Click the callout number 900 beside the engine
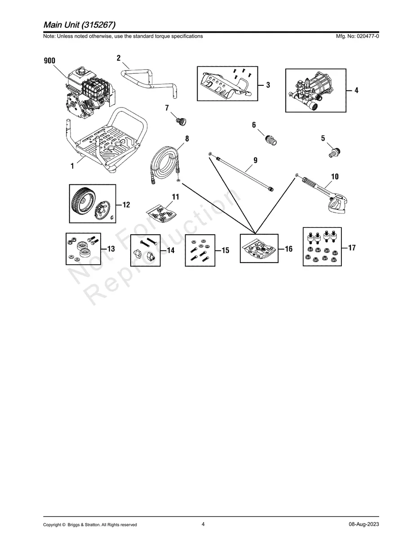tap(49, 61)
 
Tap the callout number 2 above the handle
tap(119, 58)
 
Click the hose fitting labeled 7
tap(181, 121)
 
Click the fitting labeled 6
tap(271, 140)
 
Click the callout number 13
tap(111, 249)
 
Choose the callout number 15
tap(226, 250)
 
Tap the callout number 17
tap(352, 248)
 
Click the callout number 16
tap(289, 249)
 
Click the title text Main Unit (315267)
tap(80, 25)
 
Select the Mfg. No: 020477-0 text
tap(357, 36)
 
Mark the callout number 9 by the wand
tap(256, 160)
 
